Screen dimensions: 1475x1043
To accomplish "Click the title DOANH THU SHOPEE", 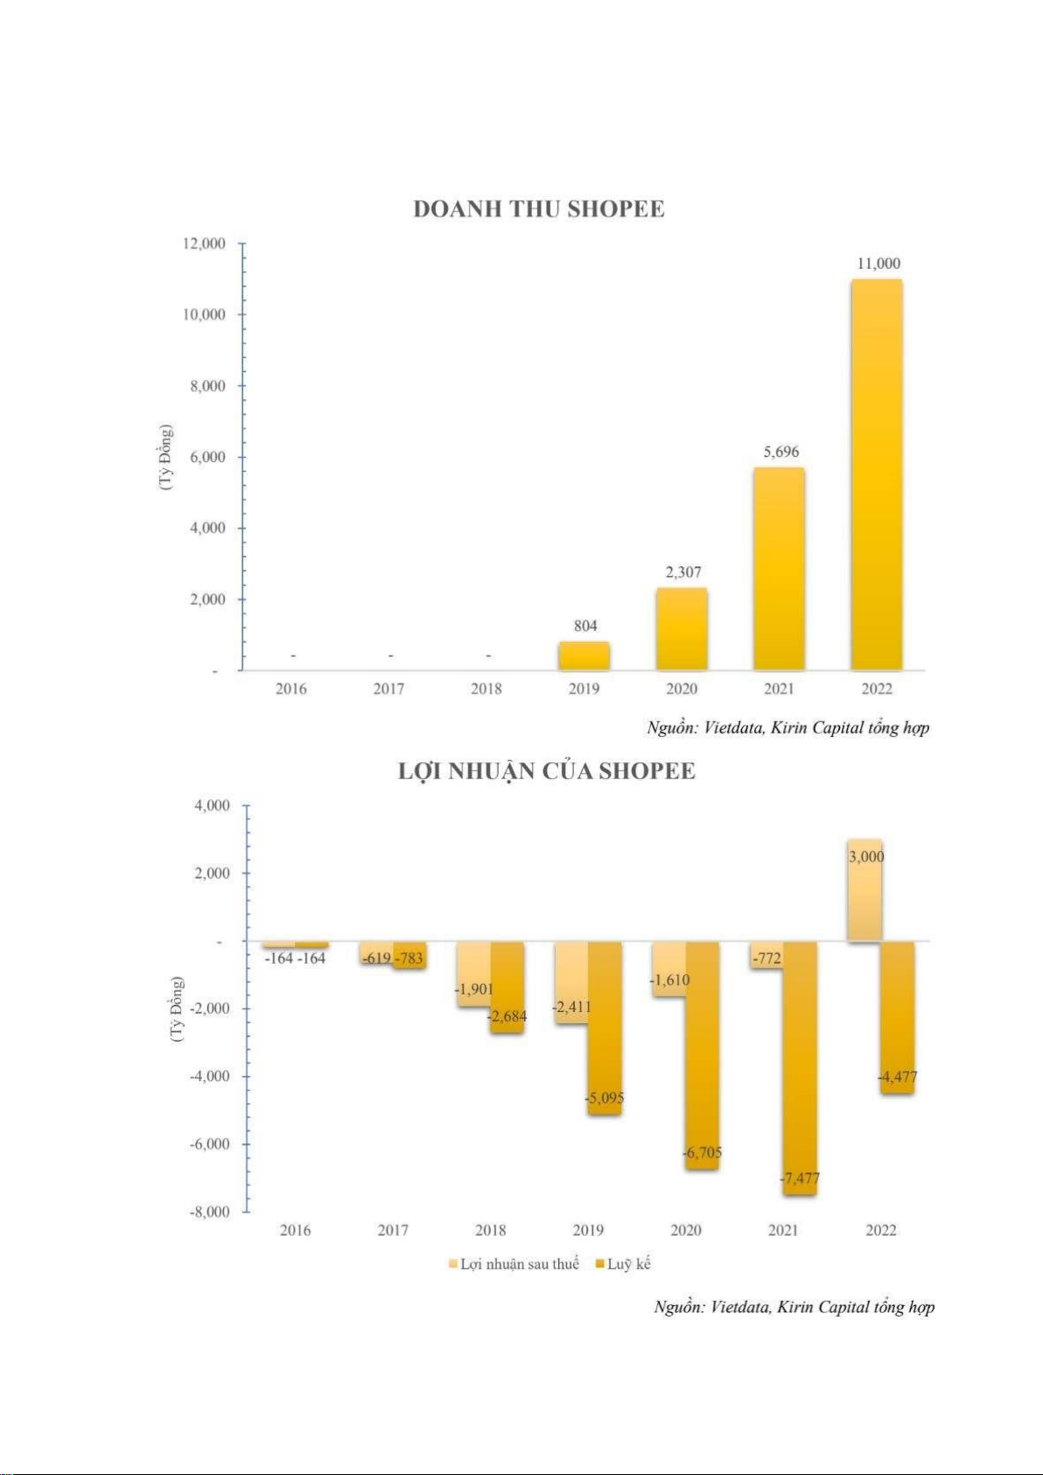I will tap(538, 209).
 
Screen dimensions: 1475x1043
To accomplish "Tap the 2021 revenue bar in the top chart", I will tap(779, 569).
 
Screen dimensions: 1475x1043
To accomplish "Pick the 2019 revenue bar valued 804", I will tap(584, 656).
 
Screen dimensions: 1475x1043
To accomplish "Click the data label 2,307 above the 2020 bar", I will tap(682, 572).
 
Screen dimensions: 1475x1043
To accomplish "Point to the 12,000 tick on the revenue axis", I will tap(204, 243).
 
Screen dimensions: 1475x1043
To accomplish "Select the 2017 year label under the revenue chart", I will tap(388, 689).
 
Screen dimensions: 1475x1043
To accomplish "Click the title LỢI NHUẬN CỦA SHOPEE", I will tap(546, 771).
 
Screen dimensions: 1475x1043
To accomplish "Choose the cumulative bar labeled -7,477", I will tap(800, 1068).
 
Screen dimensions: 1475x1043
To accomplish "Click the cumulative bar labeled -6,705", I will tap(702, 1050).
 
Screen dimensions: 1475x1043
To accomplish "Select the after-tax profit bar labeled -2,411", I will tap(570, 972).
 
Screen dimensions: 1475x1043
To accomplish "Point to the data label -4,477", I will tap(898, 1077).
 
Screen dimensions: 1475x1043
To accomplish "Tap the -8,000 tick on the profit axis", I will tap(209, 1212).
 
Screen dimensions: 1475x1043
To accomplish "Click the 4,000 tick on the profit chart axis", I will tap(212, 805).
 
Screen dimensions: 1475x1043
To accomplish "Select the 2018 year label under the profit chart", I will tap(490, 1230).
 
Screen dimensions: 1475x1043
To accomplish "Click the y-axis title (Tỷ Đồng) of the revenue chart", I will tap(166, 457).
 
